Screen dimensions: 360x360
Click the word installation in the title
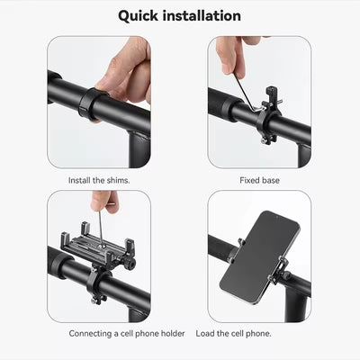203,15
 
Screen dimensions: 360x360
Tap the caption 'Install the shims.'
99,180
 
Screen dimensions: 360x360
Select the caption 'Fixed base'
259,180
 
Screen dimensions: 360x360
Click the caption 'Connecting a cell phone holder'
127,333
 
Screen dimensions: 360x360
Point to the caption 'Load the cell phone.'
246,333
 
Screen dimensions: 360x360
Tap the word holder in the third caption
171,333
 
